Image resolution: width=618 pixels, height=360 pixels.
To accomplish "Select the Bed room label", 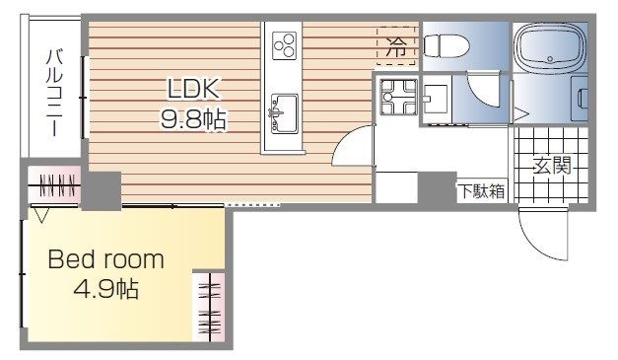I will tap(106, 261).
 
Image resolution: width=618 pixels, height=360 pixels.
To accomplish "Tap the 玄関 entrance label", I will tap(554, 166).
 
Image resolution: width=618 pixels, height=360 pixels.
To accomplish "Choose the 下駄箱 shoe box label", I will tap(481, 191).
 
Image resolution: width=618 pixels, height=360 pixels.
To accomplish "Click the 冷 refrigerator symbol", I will tap(396, 44).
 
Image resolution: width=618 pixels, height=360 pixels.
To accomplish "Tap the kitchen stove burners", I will tap(284, 44).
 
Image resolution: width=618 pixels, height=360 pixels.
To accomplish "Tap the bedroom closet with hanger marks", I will tap(210, 306).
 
